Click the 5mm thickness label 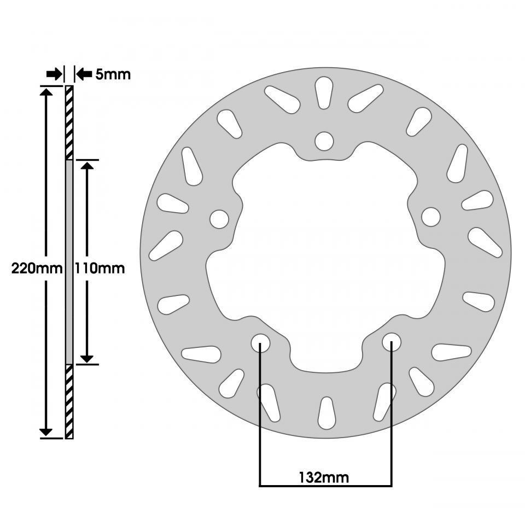(x=113, y=74)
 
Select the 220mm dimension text (x=37, y=269)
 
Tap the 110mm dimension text (x=100, y=269)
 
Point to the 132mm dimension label (x=323, y=477)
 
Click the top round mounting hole (x=324, y=141)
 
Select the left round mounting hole (x=219, y=219)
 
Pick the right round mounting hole (x=431, y=217)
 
